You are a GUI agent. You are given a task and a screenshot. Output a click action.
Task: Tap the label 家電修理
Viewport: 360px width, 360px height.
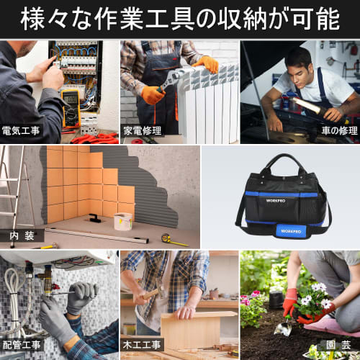pos(143,131)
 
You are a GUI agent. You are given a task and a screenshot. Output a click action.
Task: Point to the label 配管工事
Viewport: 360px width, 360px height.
pos(22,346)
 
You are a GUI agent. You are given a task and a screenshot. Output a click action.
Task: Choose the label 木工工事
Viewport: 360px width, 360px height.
pos(143,346)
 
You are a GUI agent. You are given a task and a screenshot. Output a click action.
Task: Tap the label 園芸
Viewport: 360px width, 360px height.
pos(336,346)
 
